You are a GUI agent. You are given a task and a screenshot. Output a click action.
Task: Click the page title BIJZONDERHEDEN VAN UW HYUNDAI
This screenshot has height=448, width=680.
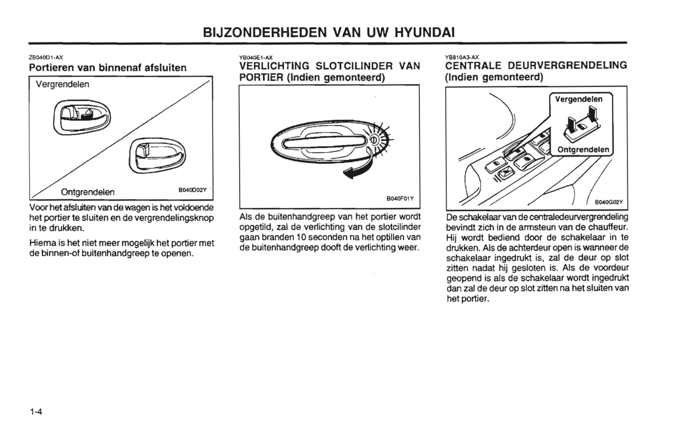point(328,32)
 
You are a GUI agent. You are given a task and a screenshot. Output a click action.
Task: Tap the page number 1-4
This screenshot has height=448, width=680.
point(36,412)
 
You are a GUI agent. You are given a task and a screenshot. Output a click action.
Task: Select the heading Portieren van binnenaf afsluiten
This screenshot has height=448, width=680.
point(108,67)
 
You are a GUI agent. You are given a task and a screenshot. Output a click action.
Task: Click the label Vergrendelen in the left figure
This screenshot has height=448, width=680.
point(62,84)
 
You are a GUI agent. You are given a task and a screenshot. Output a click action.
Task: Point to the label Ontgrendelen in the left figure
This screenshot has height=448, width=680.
point(88,192)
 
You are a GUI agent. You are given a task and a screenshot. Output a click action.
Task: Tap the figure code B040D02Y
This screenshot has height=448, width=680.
point(192,190)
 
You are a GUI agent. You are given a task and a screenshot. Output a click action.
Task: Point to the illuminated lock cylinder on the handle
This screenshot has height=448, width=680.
point(375,139)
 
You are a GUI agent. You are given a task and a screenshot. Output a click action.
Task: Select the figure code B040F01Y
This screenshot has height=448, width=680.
point(400,198)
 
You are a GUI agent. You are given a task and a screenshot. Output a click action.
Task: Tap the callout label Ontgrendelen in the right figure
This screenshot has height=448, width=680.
point(583,150)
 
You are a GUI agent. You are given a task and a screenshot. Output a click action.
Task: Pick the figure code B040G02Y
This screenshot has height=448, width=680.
point(608,202)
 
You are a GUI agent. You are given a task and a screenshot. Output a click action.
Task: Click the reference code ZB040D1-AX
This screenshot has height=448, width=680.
point(46,57)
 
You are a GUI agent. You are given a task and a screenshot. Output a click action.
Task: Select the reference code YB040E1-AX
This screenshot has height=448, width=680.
point(256,57)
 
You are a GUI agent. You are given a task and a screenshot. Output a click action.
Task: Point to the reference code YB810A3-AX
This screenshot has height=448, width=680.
point(462,57)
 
